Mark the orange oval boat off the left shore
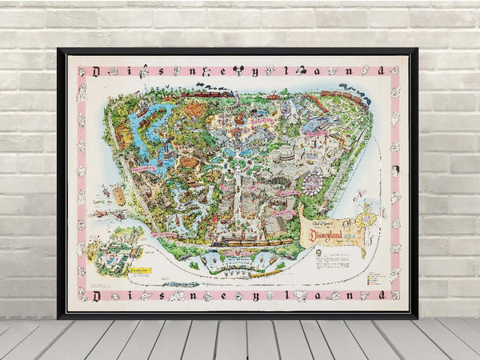pos(119,195)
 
